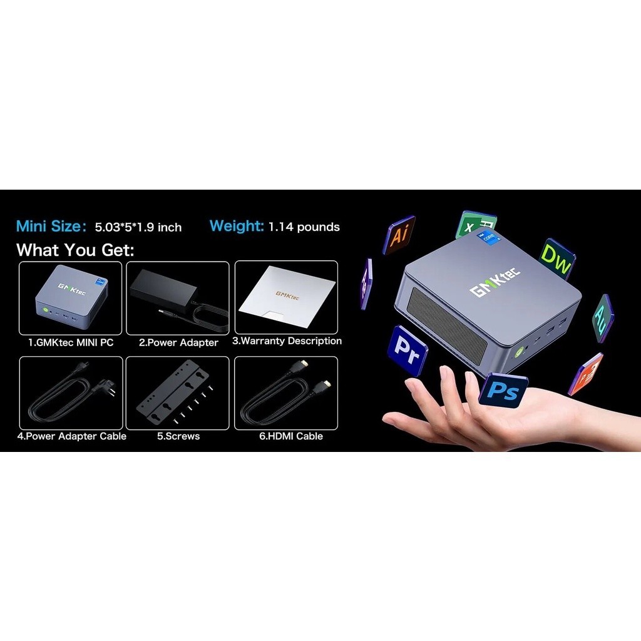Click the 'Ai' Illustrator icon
coord(399,235)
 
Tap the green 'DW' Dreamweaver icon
coord(558,259)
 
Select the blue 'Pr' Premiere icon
coord(407,351)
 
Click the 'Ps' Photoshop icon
coord(504,390)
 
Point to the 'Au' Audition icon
coord(603,319)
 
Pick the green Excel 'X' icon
coord(474,225)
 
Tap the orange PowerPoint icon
coord(586,374)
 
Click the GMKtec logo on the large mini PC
coord(495,282)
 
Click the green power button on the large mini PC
coord(519,352)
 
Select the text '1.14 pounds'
coord(304,227)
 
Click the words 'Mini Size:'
coord(51,226)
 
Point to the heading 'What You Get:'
coord(75,250)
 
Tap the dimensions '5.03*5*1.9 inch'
coord(138,227)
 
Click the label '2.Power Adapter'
coord(178,342)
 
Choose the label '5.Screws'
coord(178,436)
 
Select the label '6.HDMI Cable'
coord(291,436)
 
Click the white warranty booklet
coord(286,297)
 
